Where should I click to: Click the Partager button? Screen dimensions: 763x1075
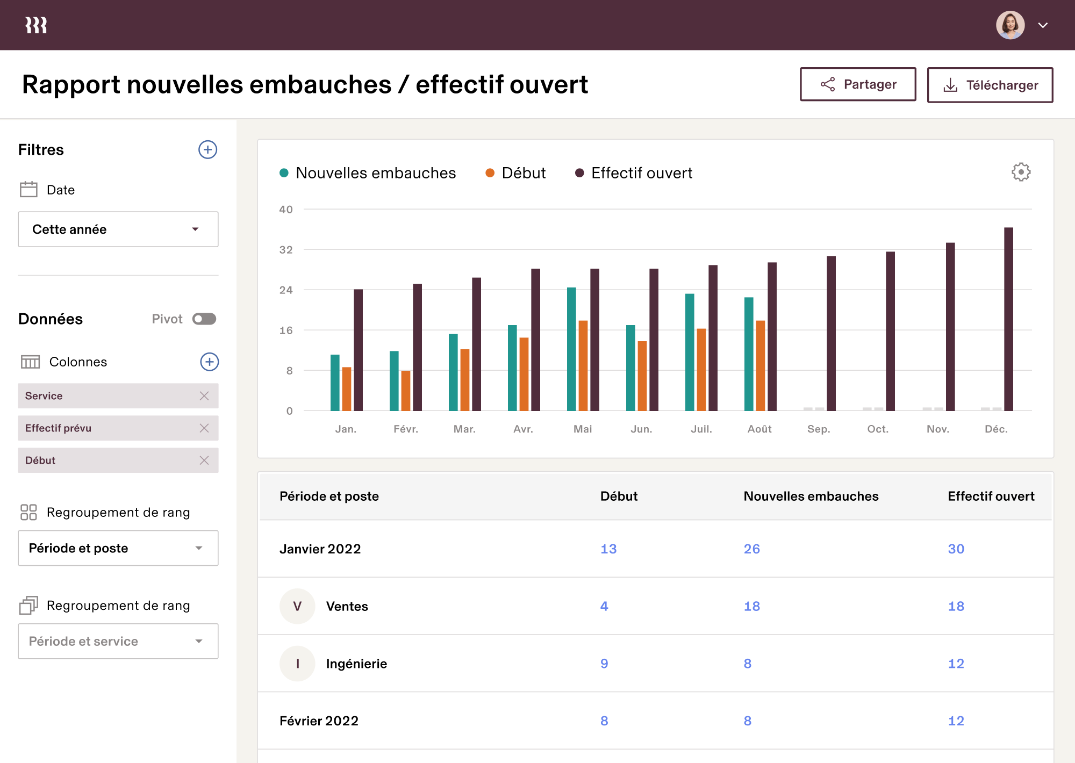(x=858, y=84)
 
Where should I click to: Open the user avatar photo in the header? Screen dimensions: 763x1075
(x=1010, y=25)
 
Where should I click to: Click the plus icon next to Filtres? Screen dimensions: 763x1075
(x=207, y=149)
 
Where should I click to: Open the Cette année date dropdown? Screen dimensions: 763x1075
(x=118, y=229)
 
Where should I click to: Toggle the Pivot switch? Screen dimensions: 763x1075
(x=204, y=319)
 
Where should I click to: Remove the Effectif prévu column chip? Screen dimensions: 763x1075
(x=204, y=428)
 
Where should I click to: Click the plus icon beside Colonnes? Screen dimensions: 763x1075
(x=209, y=362)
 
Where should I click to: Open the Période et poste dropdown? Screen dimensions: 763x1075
(x=118, y=548)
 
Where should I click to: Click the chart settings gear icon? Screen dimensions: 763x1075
(x=1021, y=172)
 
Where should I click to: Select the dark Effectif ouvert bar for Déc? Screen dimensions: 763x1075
(x=1008, y=319)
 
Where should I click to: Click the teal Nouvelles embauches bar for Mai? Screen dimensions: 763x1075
(x=571, y=349)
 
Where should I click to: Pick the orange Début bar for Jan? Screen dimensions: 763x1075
(x=347, y=389)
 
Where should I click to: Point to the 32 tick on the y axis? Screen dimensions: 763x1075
(x=286, y=250)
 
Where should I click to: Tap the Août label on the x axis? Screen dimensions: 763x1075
(x=759, y=429)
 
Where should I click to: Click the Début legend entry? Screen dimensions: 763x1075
(x=515, y=173)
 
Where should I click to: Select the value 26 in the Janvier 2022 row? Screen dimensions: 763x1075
(x=751, y=549)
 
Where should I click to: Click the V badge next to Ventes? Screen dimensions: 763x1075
(x=297, y=606)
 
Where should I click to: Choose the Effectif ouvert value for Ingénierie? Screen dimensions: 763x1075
(x=956, y=664)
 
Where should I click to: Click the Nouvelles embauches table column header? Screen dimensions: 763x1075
(x=811, y=496)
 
